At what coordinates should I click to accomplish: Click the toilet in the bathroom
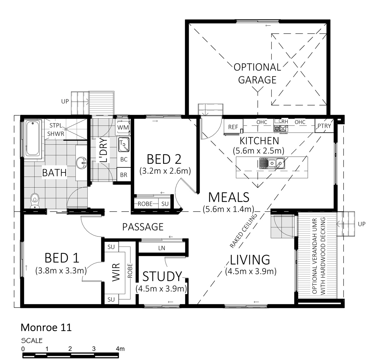tap(35, 201)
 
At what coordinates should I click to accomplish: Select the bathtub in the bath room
tap(33, 138)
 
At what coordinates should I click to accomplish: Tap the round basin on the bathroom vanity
tap(82, 163)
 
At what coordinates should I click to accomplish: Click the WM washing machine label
tap(123, 127)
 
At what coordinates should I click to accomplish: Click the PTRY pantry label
tap(324, 126)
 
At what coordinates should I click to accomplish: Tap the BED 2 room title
tap(164, 159)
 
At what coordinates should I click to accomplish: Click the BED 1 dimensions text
tap(61, 271)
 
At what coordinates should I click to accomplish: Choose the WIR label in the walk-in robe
tap(116, 272)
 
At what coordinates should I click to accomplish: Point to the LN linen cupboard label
tap(162, 248)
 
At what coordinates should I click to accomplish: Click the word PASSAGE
tap(143, 227)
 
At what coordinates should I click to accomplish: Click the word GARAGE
tap(257, 80)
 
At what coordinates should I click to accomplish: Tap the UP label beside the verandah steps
tap(362, 224)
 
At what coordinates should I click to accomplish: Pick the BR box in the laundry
tap(124, 175)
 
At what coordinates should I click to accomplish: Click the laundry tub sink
tap(123, 144)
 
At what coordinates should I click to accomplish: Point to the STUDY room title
tap(162, 276)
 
